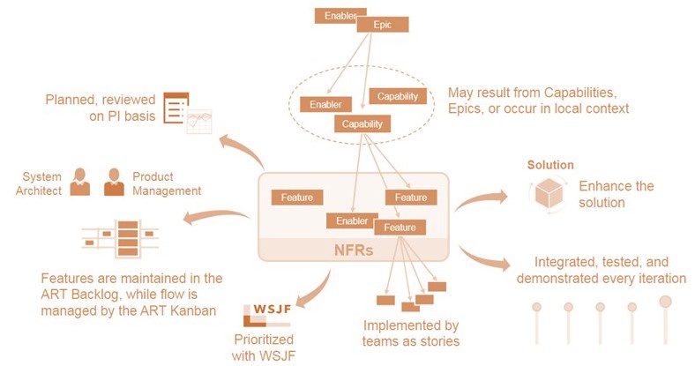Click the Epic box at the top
coord(383,25)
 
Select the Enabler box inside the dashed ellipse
coord(325,105)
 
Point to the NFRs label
coord(354,250)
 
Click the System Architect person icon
coord(79,182)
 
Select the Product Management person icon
coord(114,182)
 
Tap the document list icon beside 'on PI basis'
coord(176,108)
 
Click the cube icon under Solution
coord(549,194)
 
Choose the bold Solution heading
coord(550,165)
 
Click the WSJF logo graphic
coord(267,315)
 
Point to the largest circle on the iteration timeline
coord(665,302)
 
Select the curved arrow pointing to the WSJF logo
coord(319,293)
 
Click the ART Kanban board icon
coord(121,238)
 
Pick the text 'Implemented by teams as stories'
coord(411,333)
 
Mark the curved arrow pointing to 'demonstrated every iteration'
coord(484,258)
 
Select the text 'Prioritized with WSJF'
coord(264,347)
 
